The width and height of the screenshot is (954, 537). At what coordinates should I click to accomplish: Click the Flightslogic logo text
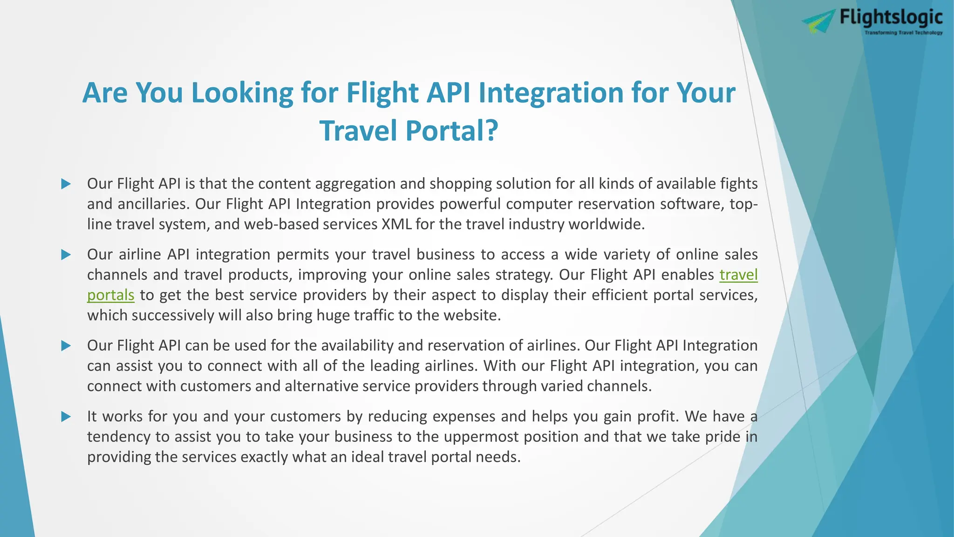(x=891, y=18)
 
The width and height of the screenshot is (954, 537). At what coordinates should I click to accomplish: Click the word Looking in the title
(x=242, y=92)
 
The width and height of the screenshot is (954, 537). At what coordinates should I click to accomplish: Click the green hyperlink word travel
(x=738, y=275)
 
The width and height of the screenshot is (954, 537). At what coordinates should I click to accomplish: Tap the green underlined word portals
(x=110, y=295)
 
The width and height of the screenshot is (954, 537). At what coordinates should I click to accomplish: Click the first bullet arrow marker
(x=66, y=184)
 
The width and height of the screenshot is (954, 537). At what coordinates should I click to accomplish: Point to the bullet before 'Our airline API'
(x=66, y=255)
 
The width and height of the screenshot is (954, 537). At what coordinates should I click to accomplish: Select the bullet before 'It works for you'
(x=66, y=416)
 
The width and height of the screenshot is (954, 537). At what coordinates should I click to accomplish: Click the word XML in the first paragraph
(x=396, y=224)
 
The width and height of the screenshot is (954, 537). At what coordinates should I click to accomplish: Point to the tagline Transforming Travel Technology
(x=903, y=33)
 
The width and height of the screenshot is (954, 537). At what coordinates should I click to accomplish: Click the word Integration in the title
(x=551, y=92)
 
